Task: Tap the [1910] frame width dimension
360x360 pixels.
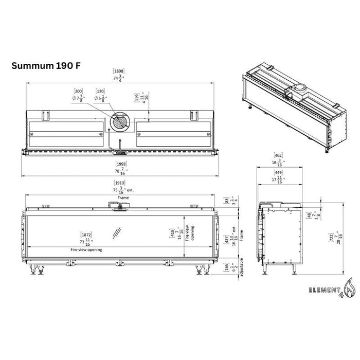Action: pyautogui.click(x=119, y=184)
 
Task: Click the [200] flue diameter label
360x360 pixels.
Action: pyautogui.click(x=79, y=91)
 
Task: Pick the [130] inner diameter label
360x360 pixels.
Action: pyautogui.click(x=100, y=91)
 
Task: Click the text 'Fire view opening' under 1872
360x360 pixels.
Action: pyautogui.click(x=86, y=249)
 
